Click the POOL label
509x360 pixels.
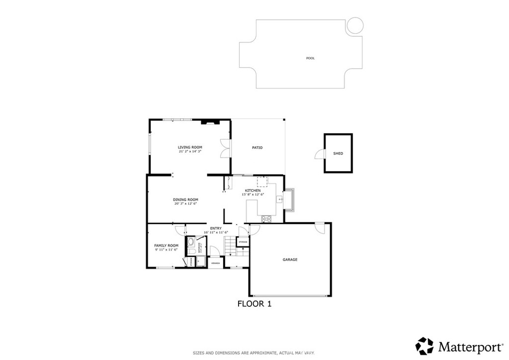(x=310, y=58)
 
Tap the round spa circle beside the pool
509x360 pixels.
(x=355, y=26)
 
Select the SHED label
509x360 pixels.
(x=338, y=154)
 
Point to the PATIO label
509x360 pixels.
(x=257, y=148)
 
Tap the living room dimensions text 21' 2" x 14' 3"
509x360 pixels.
(x=190, y=152)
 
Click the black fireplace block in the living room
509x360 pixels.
(x=208, y=121)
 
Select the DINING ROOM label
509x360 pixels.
(x=186, y=199)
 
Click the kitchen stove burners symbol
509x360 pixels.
(x=267, y=218)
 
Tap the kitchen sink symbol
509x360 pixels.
(x=280, y=199)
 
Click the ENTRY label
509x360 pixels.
(x=216, y=228)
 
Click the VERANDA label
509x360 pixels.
(x=215, y=262)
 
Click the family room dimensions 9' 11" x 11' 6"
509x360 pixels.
(x=166, y=250)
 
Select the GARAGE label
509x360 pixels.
(x=290, y=260)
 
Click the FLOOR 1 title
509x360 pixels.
(x=254, y=303)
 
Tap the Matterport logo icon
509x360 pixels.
(x=424, y=346)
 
